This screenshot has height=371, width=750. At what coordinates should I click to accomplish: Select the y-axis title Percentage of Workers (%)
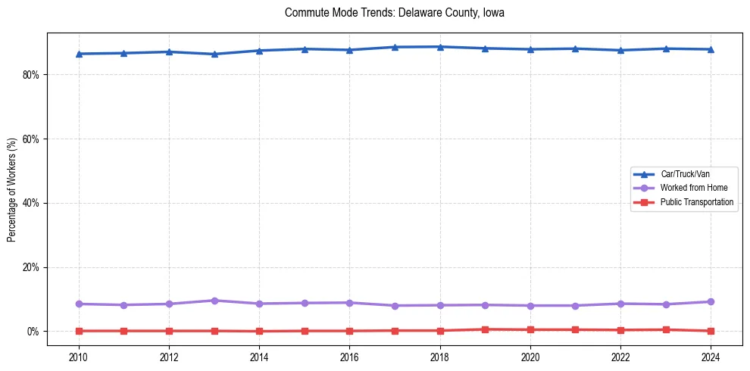[11, 190]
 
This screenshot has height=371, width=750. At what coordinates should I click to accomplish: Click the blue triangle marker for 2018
[440, 47]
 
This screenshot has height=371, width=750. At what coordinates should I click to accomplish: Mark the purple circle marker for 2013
[214, 301]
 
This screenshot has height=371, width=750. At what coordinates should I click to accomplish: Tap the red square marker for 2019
[486, 329]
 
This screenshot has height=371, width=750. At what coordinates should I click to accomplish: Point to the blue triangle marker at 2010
[79, 54]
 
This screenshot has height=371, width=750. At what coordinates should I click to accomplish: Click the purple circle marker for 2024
[711, 302]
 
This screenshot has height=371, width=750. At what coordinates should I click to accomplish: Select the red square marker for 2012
[169, 331]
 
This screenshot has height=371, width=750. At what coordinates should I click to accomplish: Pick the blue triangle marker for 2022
[621, 50]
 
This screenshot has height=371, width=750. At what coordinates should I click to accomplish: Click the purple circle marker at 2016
[350, 303]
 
